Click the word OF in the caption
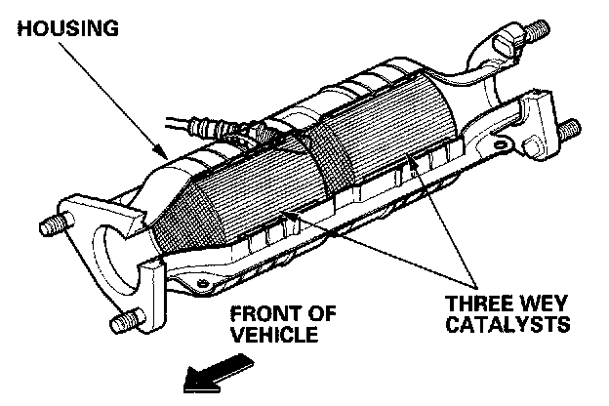321,315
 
